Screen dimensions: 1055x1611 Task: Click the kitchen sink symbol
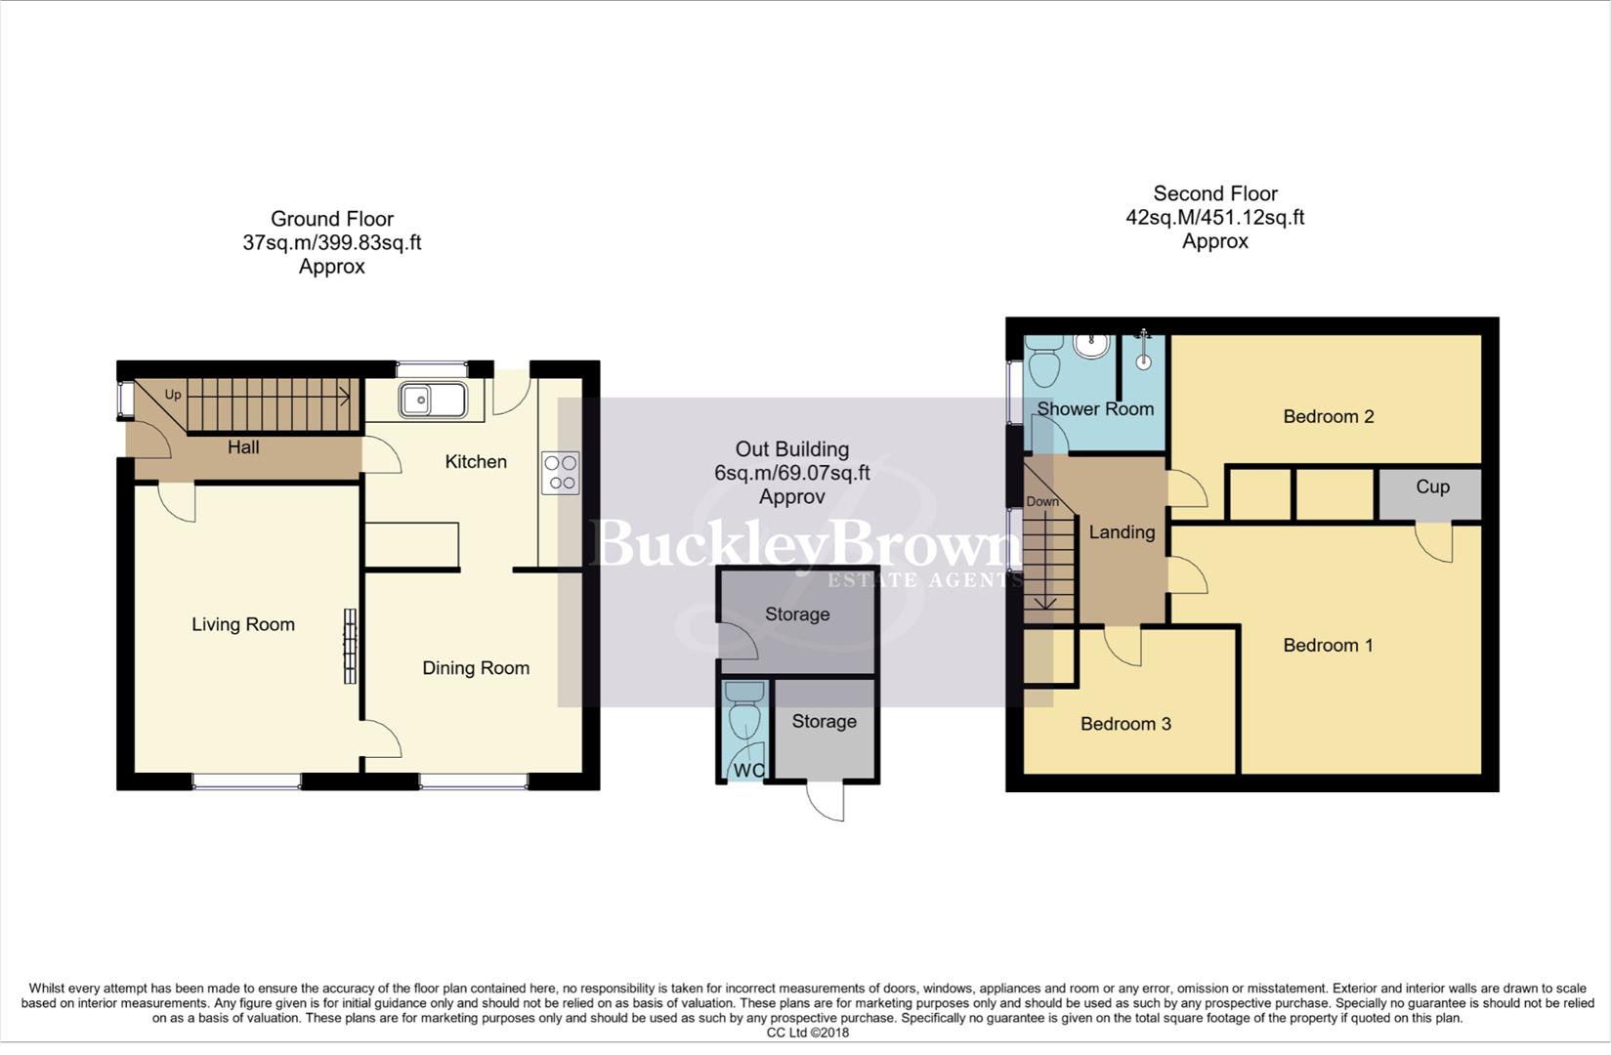(433, 400)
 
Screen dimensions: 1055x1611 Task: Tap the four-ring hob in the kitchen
(561, 473)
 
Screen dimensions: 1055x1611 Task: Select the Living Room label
(243, 625)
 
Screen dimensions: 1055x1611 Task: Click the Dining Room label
(476, 668)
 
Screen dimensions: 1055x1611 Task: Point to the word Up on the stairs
(173, 395)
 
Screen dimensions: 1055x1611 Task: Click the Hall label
(243, 447)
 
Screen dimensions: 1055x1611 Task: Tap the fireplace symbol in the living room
(350, 646)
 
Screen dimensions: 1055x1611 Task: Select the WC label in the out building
(749, 771)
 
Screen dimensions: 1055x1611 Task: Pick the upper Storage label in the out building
(797, 614)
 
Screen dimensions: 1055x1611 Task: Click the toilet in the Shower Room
(1044, 366)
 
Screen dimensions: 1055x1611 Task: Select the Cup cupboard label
(1432, 487)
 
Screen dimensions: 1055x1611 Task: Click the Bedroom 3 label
(1125, 724)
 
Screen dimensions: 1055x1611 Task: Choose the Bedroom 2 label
(1328, 417)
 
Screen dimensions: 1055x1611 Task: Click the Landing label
(1122, 532)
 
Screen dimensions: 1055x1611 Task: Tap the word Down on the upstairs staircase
(1042, 502)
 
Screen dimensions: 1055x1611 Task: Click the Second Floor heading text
(1214, 193)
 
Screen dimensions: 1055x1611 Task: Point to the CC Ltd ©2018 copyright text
(807, 1033)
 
